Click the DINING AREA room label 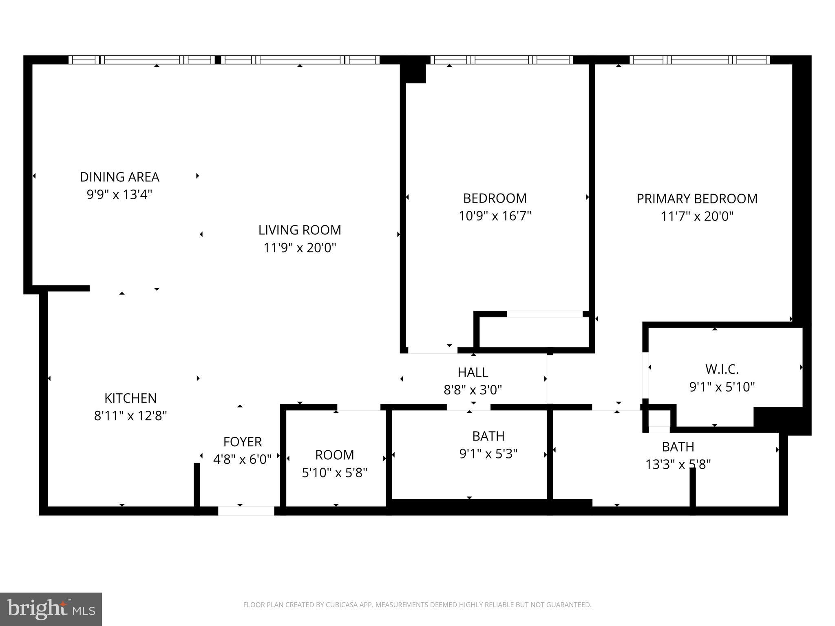coord(119,177)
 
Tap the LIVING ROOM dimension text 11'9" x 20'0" coord(300,248)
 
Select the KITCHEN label coord(130,398)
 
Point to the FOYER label coord(243,442)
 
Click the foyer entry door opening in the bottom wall coord(246,511)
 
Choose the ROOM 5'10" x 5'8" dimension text coord(335,473)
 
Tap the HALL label coord(473,372)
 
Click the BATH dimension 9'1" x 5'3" coord(488,454)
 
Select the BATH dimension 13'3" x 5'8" coord(678,464)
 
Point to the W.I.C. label coord(722,369)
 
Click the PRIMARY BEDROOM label coord(697,198)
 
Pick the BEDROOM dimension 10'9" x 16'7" coord(495,216)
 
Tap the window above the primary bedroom coord(700,60)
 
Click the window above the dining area coord(141,60)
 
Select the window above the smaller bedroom coord(502,60)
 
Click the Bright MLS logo coord(51,609)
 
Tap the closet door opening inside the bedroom coord(545,314)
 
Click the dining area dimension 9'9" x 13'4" coord(119,195)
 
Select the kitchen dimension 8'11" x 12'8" coord(130,416)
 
